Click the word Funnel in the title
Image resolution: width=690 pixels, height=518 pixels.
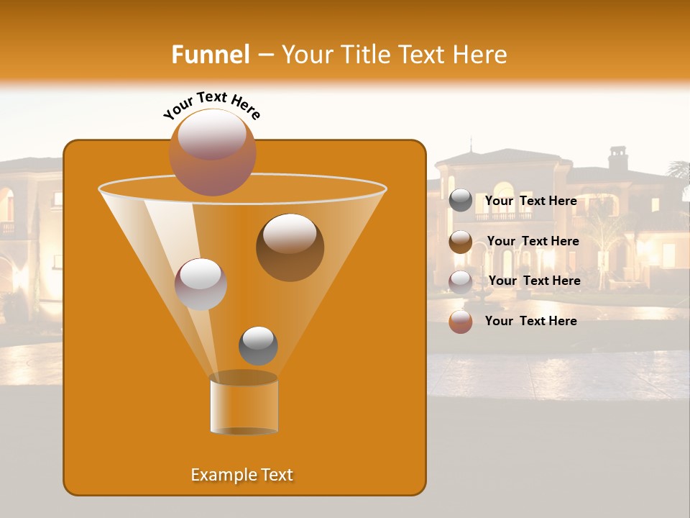click(x=211, y=54)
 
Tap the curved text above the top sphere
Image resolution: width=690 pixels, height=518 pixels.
click(x=211, y=104)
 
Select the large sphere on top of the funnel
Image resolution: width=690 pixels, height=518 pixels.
click(x=212, y=153)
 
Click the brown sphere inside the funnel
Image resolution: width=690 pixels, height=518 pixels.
click(x=290, y=247)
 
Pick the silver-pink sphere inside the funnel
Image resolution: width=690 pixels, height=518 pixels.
click(x=201, y=283)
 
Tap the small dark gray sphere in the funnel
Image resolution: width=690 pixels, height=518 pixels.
click(x=258, y=345)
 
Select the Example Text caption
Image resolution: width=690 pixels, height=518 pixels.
click(x=241, y=475)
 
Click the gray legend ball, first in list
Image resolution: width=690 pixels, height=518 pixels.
click(x=461, y=201)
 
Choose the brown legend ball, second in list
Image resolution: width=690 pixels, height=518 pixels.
click(x=461, y=242)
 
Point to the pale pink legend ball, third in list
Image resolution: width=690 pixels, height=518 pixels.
click(x=461, y=281)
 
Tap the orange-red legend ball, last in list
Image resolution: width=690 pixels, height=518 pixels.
click(x=461, y=322)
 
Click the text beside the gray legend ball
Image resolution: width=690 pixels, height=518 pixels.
click(x=530, y=201)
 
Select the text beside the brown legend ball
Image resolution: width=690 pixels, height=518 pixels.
click(x=533, y=241)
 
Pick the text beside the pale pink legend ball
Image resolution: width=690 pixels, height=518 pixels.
click(x=534, y=281)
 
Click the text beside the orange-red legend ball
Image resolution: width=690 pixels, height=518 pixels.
click(x=530, y=321)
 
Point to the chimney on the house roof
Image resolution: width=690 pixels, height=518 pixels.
click(x=617, y=158)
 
